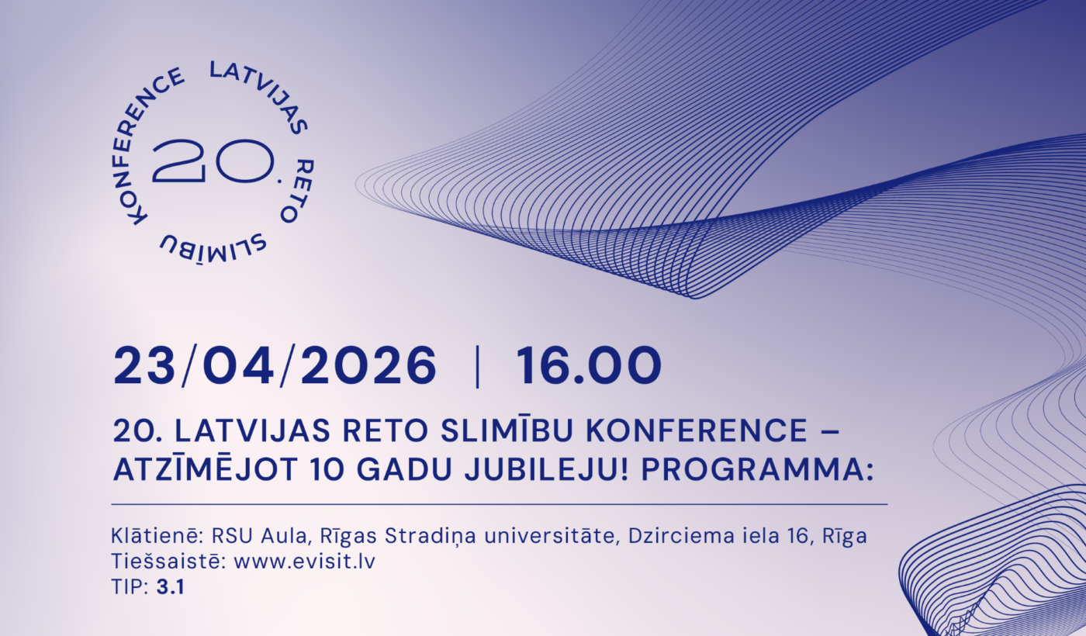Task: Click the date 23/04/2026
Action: (x=275, y=365)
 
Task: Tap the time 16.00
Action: (x=589, y=365)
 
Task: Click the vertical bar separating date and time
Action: (x=478, y=366)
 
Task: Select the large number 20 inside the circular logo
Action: (x=213, y=161)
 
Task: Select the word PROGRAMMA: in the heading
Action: (x=757, y=470)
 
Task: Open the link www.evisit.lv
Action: (x=304, y=562)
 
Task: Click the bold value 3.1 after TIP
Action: (x=170, y=588)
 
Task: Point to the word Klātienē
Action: (x=156, y=536)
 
